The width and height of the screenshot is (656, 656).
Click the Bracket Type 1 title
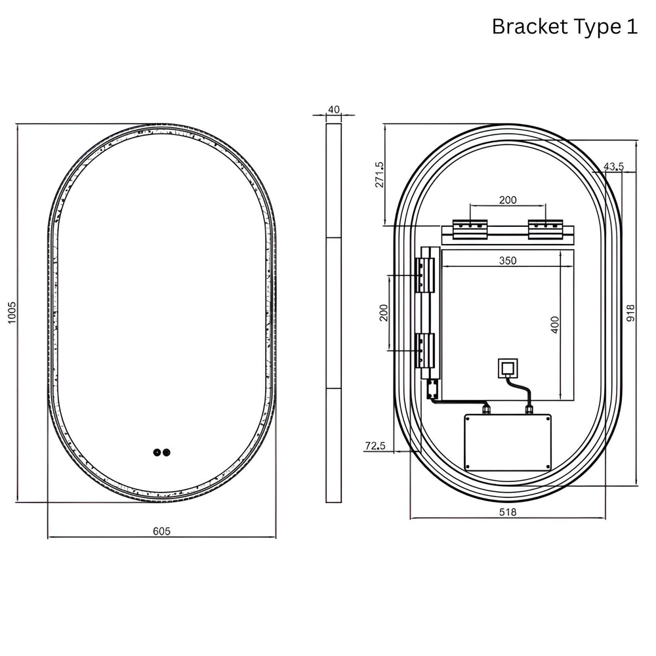coord(564,27)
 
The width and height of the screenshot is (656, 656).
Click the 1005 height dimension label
coord(12,312)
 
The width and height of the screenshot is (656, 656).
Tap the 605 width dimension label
coord(161,531)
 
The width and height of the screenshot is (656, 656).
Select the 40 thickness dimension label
coord(334,110)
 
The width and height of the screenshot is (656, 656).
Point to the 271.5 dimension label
coord(379,174)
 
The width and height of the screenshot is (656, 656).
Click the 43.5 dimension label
coord(614,167)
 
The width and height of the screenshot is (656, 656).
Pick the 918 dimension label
coord(630,313)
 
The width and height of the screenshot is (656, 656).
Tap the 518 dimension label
coord(508,512)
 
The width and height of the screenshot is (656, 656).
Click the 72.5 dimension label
coord(375,446)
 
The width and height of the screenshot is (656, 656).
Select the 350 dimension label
coord(508,260)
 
